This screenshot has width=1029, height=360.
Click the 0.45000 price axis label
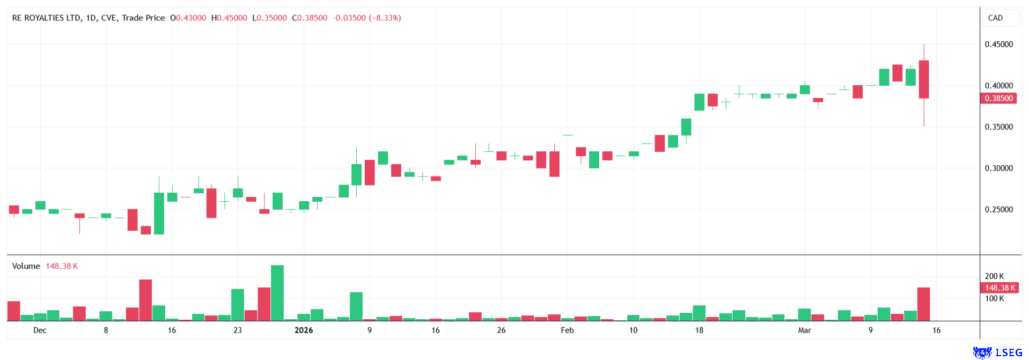[x=998, y=45]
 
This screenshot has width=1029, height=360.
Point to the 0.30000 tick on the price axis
[x=998, y=168]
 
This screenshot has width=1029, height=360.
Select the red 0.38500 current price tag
[x=998, y=99]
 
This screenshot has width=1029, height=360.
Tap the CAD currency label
[x=995, y=18]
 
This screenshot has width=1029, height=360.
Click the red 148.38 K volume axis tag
[x=999, y=288]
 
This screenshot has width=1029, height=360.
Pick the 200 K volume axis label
[x=994, y=276]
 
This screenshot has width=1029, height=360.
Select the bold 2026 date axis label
[x=304, y=330]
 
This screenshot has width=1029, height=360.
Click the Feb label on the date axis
[x=567, y=330]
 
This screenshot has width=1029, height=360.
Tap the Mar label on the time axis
[x=804, y=330]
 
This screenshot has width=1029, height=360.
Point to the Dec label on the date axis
[x=40, y=330]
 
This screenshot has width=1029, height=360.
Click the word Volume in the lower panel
[x=26, y=266]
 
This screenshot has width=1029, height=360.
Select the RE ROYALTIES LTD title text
[x=46, y=18]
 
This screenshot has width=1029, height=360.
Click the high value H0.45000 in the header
[x=229, y=18]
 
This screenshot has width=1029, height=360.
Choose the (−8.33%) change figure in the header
[x=385, y=18]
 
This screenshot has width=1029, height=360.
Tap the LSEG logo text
[x=1008, y=352]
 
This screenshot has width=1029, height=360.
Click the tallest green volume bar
[x=277, y=293]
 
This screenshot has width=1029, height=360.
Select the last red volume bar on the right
[x=923, y=304]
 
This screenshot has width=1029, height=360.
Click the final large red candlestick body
[x=924, y=79]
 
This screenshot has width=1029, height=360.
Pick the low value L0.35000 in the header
[x=269, y=18]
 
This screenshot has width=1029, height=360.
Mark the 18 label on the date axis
[x=699, y=330]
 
